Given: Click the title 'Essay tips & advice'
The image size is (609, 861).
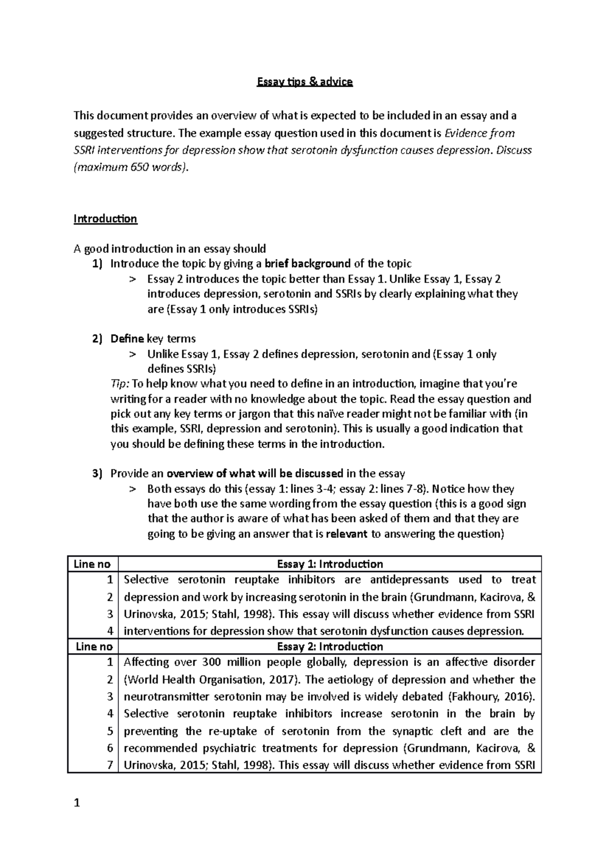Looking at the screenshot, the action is pyautogui.click(x=304, y=82).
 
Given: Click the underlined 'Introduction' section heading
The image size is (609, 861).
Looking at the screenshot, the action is pyautogui.click(x=105, y=219).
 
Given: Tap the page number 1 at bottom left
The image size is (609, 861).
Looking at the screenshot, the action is pyautogui.click(x=77, y=803).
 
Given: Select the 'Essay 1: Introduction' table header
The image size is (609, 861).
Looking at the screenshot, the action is pyautogui.click(x=330, y=564).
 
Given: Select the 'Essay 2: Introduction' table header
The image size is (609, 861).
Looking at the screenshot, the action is pyautogui.click(x=330, y=647).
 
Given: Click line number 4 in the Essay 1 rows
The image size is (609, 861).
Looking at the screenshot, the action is pyautogui.click(x=110, y=631).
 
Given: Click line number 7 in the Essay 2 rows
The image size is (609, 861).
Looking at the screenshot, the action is pyautogui.click(x=110, y=765).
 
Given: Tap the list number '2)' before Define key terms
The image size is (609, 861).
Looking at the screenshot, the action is pyautogui.click(x=97, y=339).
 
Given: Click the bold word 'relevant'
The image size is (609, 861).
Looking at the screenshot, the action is pyautogui.click(x=347, y=534).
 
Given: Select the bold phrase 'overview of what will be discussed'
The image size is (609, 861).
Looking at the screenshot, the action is pyautogui.click(x=255, y=474).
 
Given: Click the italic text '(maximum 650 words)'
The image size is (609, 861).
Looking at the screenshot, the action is pyautogui.click(x=130, y=167).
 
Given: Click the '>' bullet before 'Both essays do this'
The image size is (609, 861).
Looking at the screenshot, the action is pyautogui.click(x=133, y=489).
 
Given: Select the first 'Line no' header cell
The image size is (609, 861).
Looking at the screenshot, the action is pyautogui.click(x=92, y=564).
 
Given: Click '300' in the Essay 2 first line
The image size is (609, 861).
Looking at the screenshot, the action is pyautogui.click(x=211, y=662).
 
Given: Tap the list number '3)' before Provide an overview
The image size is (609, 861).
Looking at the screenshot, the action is pyautogui.click(x=97, y=474).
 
